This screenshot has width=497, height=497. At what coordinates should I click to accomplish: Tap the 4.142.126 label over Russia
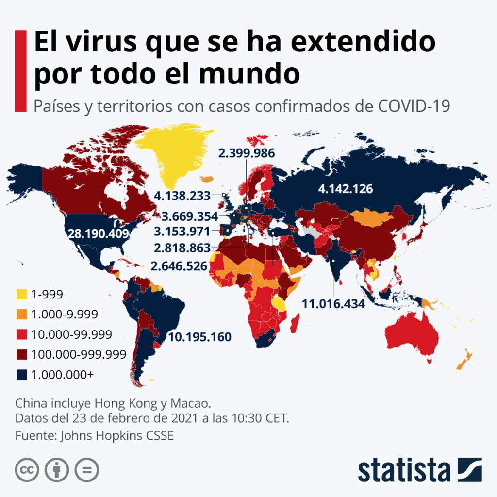pyautogui.click(x=345, y=189)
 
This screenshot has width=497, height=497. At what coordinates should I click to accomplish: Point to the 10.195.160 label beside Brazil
pyautogui.click(x=199, y=337)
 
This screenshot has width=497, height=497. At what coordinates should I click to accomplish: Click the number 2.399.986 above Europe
pyautogui.click(x=247, y=153)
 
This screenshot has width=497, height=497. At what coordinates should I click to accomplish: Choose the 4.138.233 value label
pyautogui.click(x=182, y=196)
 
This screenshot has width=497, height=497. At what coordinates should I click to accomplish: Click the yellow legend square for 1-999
pyautogui.click(x=22, y=294)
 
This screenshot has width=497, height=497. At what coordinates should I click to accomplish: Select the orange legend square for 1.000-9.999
pyautogui.click(x=22, y=315)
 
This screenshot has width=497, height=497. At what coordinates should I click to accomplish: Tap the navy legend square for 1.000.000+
pyautogui.click(x=22, y=375)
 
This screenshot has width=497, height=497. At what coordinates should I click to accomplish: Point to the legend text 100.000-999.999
pyautogui.click(x=79, y=354)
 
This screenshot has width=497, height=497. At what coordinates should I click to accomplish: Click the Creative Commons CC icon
pyautogui.click(x=27, y=470)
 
